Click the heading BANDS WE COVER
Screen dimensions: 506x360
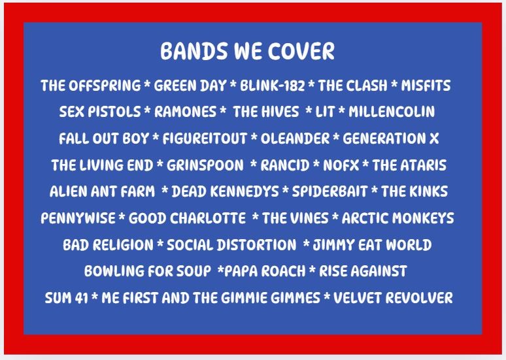[x=248, y=51]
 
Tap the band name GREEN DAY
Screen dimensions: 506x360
[x=190, y=86]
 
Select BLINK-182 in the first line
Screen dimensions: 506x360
[x=273, y=86]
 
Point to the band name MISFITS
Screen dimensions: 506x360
[x=426, y=86]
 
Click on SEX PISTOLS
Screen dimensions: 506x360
[x=100, y=112]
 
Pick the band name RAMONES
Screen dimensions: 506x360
[x=185, y=112]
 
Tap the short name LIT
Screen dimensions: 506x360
[x=325, y=112]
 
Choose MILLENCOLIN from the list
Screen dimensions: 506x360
[x=392, y=112]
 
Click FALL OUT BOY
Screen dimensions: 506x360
[x=104, y=139]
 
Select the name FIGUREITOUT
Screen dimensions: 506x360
[x=205, y=139]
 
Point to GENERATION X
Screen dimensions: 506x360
[x=391, y=139]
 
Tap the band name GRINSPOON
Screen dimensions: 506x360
[x=205, y=165]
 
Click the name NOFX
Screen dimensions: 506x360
[x=341, y=165]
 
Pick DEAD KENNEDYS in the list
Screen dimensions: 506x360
[x=226, y=191]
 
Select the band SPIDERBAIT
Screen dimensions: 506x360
[x=329, y=191]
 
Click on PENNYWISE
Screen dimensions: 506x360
[x=78, y=218]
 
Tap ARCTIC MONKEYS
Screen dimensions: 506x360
[x=398, y=218]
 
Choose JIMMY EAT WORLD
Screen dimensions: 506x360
[x=372, y=245]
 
